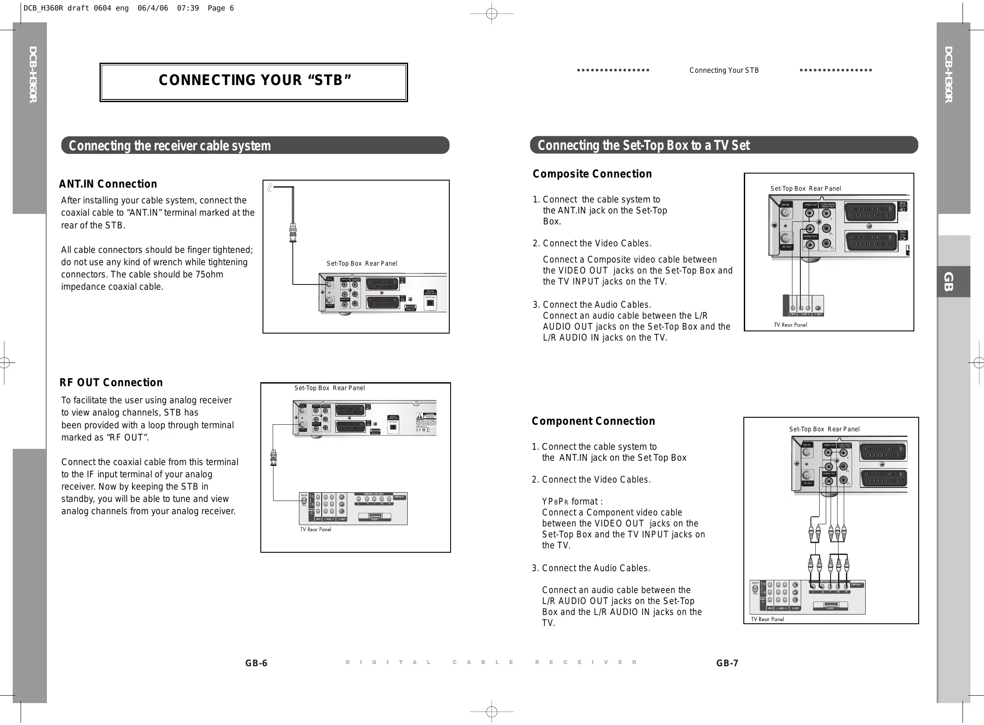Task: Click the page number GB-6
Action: pos(256,663)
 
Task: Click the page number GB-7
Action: pos(727,663)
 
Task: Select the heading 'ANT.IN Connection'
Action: pos(108,184)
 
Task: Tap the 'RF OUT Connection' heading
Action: pos(111,383)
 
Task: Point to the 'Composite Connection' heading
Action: pos(592,174)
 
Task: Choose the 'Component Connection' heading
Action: pos(593,421)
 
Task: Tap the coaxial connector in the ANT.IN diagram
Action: pos(293,232)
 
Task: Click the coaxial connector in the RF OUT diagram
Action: pos(274,458)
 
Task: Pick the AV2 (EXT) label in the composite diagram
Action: pos(902,206)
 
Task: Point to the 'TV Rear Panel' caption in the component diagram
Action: pos(767,619)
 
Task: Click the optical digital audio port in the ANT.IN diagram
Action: pos(430,302)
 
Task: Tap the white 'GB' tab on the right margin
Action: pos(948,282)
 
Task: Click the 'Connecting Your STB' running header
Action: pos(724,70)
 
